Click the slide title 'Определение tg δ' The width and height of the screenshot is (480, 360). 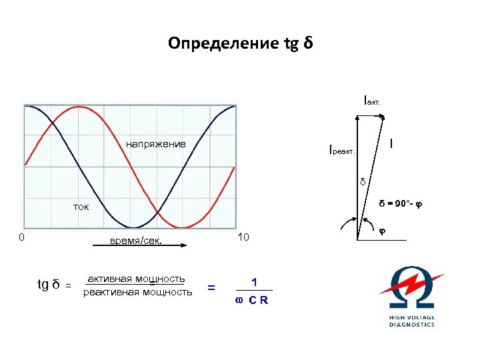240,44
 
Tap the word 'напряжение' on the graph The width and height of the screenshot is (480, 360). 156,145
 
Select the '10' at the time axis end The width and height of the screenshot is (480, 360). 243,238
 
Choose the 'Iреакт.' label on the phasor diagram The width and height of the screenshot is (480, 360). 343,149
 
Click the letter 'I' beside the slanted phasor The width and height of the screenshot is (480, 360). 391,143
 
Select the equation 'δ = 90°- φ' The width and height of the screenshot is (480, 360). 401,203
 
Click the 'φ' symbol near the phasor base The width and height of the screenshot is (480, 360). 382,230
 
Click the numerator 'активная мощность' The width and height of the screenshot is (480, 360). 136,279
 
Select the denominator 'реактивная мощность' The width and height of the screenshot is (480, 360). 137,292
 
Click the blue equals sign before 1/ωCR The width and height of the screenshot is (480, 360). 211,287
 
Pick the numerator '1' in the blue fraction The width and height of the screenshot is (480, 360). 253,282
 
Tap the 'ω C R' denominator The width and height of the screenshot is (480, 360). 252,299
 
